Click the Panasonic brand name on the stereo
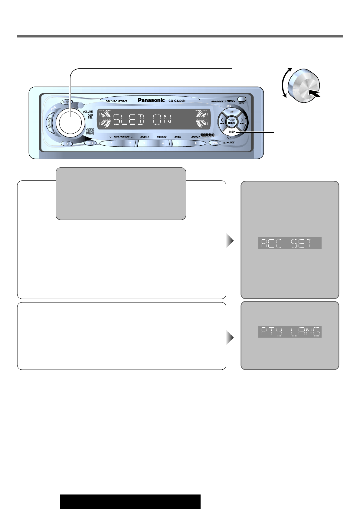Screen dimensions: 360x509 (151, 100)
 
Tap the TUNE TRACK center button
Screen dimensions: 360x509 (231, 122)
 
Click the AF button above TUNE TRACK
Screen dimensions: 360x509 (232, 112)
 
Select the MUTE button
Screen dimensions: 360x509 (90, 143)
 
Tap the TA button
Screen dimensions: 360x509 (67, 144)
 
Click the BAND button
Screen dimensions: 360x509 (215, 143)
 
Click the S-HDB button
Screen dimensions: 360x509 (66, 102)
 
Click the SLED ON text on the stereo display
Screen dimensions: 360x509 (142, 119)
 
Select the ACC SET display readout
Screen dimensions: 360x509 (290, 243)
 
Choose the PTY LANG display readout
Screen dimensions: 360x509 (290, 332)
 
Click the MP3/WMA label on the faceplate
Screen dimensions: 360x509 (116, 101)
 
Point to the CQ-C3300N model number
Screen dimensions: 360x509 (177, 101)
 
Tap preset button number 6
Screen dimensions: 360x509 (195, 143)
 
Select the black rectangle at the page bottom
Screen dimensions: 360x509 (130, 501)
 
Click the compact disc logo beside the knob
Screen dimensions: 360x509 (90, 131)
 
